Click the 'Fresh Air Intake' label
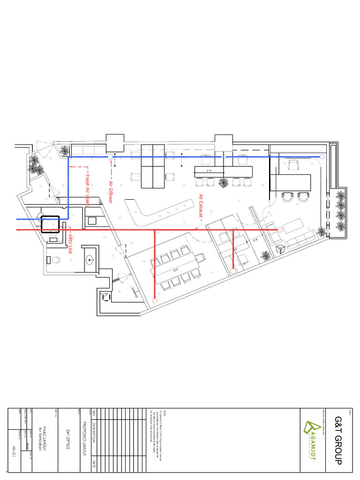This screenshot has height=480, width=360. pos(87,190)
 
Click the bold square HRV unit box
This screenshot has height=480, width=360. pos(49,224)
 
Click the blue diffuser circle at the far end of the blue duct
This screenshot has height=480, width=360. pos(322,157)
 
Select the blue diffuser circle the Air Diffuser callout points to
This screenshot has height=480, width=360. pos(110,157)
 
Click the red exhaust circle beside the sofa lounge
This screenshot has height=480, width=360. pos(280,230)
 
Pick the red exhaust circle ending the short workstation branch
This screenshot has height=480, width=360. pos(233,271)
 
